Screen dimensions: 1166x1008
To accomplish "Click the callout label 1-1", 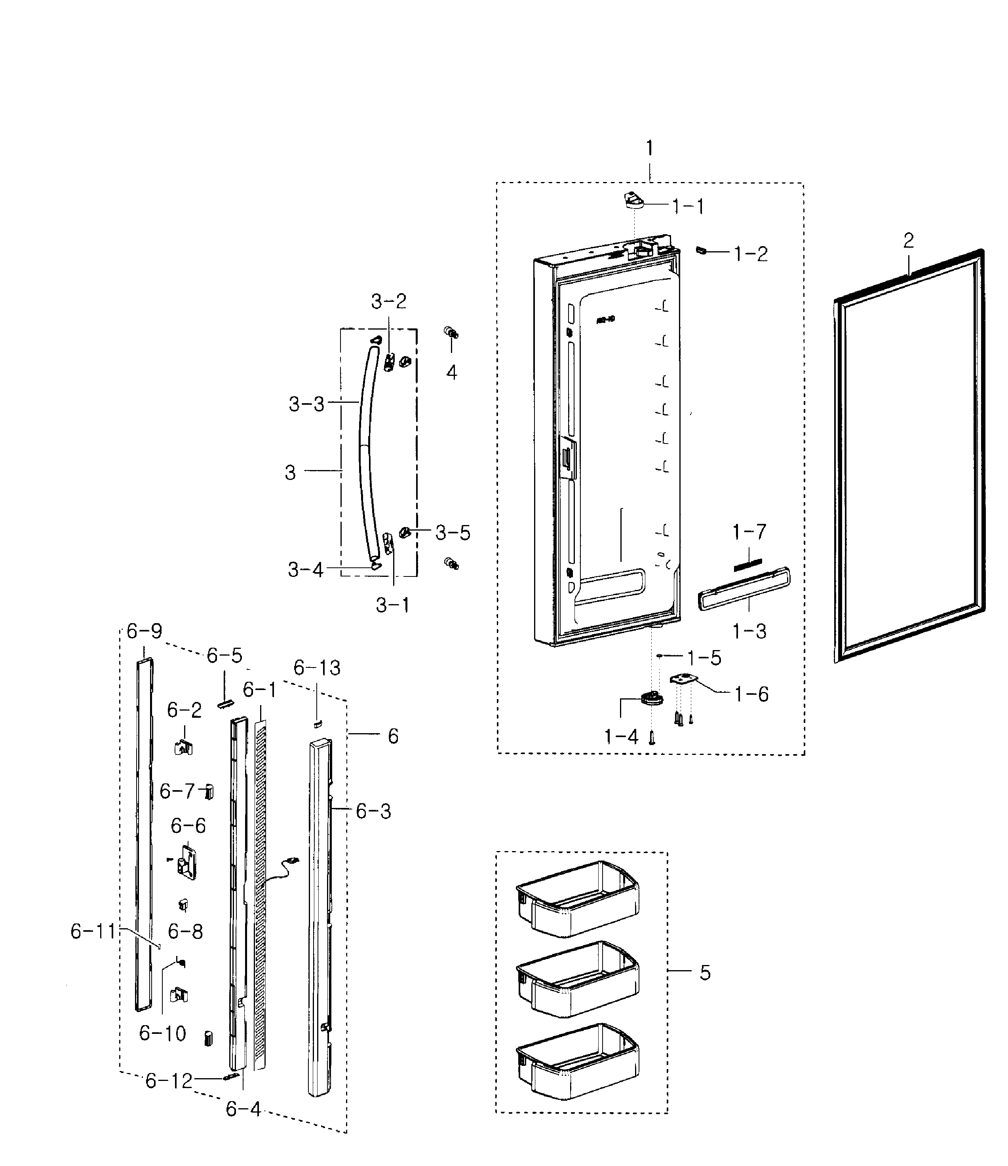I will [688, 207].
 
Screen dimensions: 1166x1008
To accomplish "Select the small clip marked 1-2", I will [701, 250].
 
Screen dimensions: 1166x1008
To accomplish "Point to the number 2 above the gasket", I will [908, 241].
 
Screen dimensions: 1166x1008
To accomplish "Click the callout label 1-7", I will [749, 532].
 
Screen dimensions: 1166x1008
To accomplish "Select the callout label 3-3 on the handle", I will [306, 404].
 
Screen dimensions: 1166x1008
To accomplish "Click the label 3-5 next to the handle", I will [453, 533].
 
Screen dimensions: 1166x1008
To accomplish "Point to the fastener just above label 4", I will [451, 333].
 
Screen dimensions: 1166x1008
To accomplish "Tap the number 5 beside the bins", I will [705, 973].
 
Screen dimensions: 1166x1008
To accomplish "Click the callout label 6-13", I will [317, 668].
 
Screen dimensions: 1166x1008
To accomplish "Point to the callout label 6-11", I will [93, 931].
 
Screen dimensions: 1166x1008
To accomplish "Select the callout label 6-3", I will [373, 811].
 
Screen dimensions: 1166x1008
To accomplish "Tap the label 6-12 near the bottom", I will [169, 1081].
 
